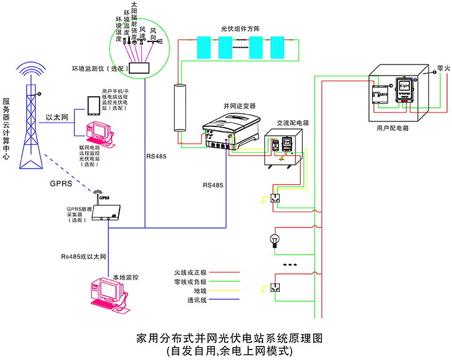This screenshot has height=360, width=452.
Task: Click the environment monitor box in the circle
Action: (x=141, y=68)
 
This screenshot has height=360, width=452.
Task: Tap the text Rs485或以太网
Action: (x=84, y=256)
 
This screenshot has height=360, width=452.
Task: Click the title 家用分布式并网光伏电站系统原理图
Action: (x=228, y=338)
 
